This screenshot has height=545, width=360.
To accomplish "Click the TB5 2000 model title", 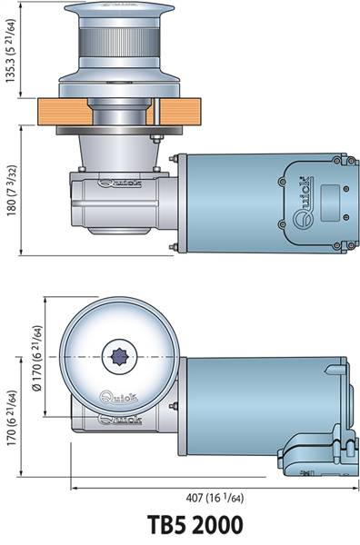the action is pos(195,524).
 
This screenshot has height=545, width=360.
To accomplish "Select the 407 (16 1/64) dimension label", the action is pos(215,498).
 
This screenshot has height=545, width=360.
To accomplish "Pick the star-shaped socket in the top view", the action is pos(119,357).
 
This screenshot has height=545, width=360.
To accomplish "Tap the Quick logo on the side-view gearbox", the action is pos(120,183).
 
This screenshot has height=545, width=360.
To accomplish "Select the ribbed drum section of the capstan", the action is pos(119,43).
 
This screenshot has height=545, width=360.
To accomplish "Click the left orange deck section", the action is pos(64,112).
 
